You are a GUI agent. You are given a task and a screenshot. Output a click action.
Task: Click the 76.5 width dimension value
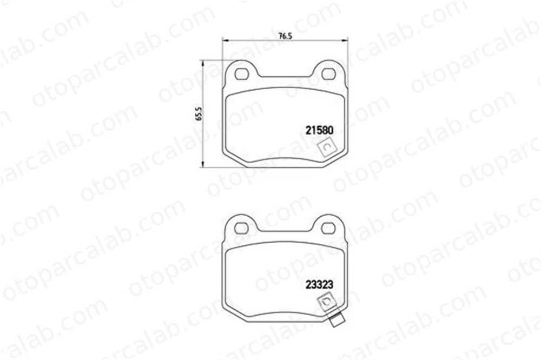(x=285, y=36)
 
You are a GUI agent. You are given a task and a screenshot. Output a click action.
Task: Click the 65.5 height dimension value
(x=199, y=114)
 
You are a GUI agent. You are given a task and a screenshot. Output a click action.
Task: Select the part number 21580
(x=320, y=130)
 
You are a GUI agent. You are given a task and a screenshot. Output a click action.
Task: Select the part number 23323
(x=320, y=284)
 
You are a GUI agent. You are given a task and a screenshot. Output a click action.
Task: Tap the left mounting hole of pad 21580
(x=241, y=74)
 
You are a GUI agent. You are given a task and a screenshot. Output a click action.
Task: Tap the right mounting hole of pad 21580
(x=328, y=74)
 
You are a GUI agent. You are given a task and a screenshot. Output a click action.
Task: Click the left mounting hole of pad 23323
(x=241, y=228)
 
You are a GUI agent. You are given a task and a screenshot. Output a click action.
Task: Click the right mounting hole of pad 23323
(x=328, y=228)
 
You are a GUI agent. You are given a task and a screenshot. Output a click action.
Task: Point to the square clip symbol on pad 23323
(x=326, y=302)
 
